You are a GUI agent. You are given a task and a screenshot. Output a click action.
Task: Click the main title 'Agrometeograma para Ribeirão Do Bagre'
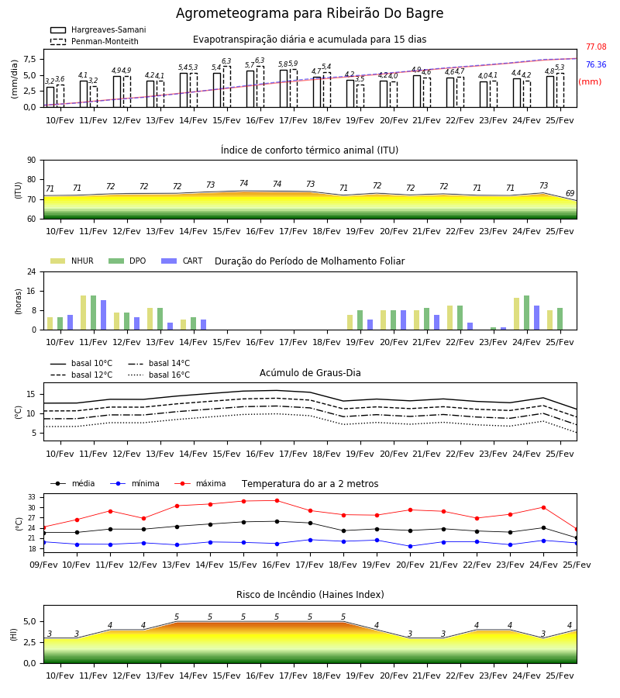(309, 13)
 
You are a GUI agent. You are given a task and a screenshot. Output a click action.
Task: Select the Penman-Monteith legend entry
(95, 41)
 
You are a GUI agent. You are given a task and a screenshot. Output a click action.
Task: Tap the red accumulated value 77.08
(596, 47)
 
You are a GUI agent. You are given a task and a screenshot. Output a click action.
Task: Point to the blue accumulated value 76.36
(596, 64)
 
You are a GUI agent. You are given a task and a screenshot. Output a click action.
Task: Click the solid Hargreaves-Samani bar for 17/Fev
(284, 88)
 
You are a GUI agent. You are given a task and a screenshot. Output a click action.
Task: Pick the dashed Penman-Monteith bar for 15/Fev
(227, 87)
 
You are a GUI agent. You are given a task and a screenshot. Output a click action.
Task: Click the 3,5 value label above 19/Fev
(360, 79)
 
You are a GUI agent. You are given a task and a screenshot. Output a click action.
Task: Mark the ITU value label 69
(570, 193)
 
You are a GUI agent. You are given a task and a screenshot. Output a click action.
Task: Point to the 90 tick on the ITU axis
(31, 161)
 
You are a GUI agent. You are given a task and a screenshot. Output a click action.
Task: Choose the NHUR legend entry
(72, 261)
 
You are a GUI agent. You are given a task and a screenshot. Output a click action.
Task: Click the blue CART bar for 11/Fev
(104, 315)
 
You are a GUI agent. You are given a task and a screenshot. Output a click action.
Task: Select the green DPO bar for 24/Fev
(526, 313)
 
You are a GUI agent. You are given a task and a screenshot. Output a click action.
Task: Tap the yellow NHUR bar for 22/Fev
(450, 318)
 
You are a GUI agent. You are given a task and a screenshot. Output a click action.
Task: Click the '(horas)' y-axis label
(19, 301)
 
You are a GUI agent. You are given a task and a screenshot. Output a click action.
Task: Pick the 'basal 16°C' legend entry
(159, 375)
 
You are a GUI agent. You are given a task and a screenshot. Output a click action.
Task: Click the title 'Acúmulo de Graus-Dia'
(310, 372)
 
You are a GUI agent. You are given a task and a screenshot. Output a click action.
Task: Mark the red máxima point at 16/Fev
(277, 500)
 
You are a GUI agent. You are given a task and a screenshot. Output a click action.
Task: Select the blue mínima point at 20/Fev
(411, 546)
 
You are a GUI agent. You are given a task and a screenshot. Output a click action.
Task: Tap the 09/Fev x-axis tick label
(43, 565)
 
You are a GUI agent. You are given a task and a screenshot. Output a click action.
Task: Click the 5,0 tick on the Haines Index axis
(29, 621)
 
